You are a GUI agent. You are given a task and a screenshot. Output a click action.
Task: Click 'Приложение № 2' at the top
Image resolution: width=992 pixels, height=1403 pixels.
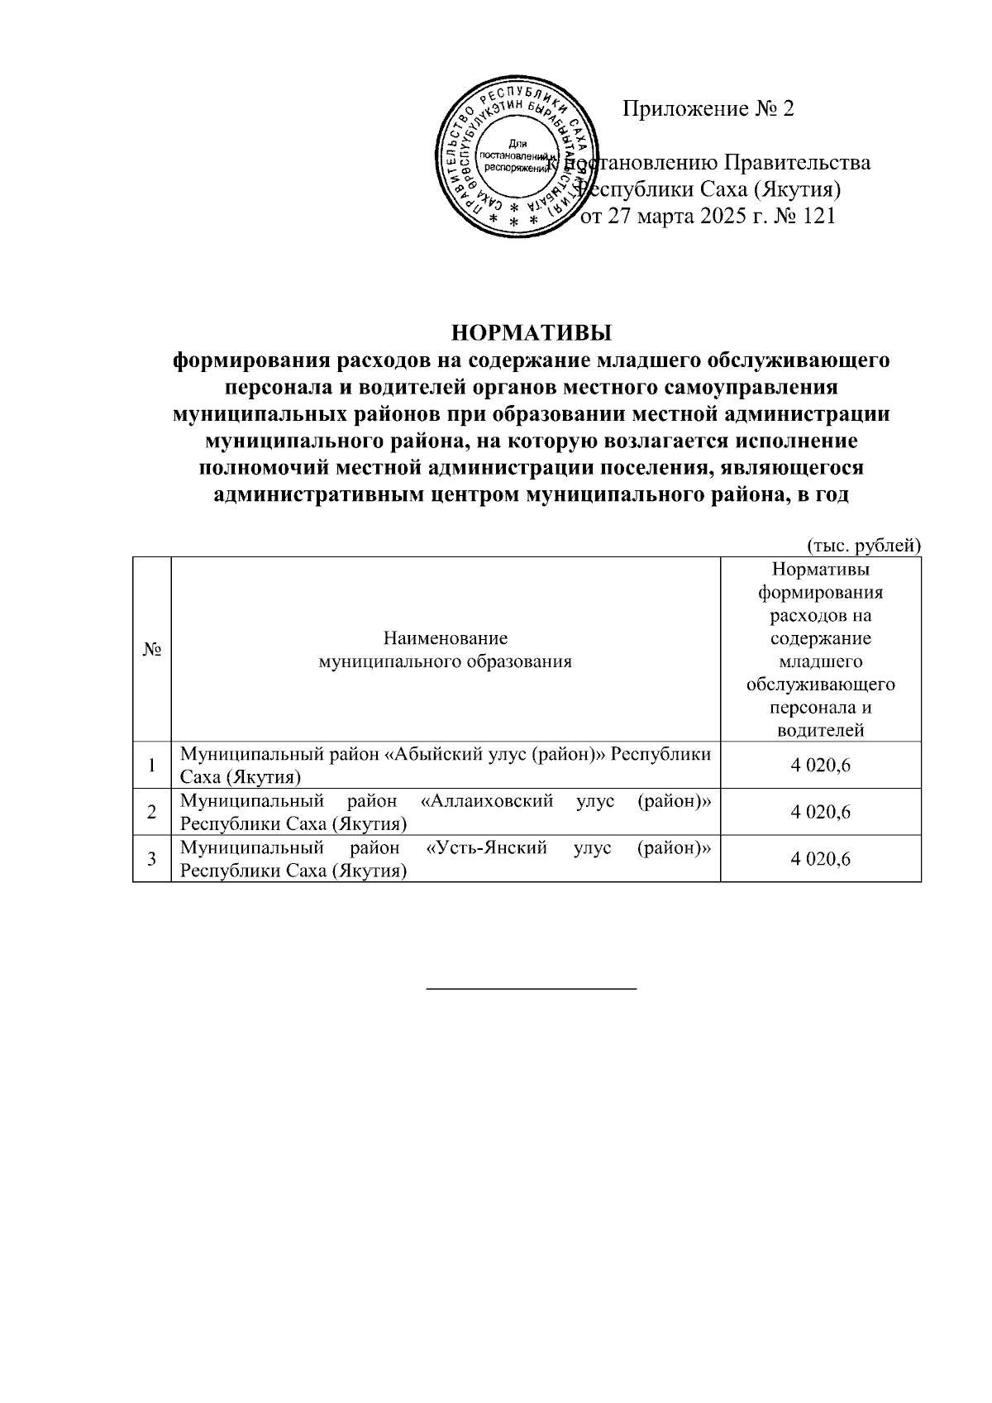pos(708,109)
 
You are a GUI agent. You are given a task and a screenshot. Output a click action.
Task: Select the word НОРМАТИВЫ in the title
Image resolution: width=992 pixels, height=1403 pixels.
pos(531,333)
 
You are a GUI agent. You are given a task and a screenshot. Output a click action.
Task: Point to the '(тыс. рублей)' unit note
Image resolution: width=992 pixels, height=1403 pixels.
pos(863,545)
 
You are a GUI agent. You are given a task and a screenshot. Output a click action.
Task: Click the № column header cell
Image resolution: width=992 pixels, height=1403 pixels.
pos(151,650)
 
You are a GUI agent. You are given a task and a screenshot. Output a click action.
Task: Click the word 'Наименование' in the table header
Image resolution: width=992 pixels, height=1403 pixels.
pos(446,638)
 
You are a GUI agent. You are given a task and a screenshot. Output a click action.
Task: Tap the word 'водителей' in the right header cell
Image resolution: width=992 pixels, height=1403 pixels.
pos(820,730)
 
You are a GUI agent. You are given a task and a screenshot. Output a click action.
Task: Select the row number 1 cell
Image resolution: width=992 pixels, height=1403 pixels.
pos(152,766)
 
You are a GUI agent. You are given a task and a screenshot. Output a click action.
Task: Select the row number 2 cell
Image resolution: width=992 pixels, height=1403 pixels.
pos(152,812)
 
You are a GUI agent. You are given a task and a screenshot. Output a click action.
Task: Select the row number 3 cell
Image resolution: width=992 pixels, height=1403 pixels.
pos(152,859)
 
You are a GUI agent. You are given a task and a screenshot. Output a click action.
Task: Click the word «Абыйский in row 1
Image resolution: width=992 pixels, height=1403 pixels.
pos(432,755)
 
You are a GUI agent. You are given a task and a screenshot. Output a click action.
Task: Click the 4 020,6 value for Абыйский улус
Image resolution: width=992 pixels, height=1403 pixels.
pos(820,766)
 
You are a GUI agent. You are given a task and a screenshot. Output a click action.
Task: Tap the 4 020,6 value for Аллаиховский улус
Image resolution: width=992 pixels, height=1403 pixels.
pos(820,812)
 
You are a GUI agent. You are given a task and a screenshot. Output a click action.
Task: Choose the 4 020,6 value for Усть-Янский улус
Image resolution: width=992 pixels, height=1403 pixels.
pos(820,859)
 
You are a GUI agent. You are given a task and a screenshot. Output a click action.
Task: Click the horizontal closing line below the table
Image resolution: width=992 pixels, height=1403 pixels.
pos(531,988)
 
